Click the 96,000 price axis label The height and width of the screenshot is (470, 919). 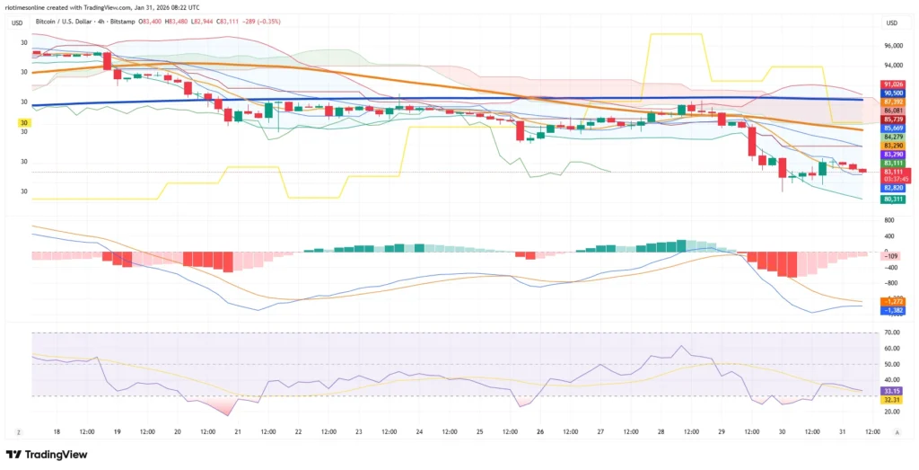pos(892,46)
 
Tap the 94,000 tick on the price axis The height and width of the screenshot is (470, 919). pos(892,66)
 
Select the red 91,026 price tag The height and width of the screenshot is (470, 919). pos(893,84)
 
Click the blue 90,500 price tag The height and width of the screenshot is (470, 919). pos(893,93)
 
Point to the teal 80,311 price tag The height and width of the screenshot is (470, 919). pos(893,199)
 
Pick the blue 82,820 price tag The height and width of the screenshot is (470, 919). pos(893,188)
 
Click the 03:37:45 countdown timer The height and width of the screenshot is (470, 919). pos(896,179)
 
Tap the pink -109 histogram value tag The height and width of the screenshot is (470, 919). pos(892,256)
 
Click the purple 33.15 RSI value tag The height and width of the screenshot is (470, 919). pos(892,391)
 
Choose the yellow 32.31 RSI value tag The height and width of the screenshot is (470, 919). pos(892,399)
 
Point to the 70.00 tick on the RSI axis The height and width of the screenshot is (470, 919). pos(892,333)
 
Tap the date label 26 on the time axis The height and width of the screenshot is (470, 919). pos(540,431)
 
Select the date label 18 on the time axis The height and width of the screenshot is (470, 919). pos(57,431)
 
